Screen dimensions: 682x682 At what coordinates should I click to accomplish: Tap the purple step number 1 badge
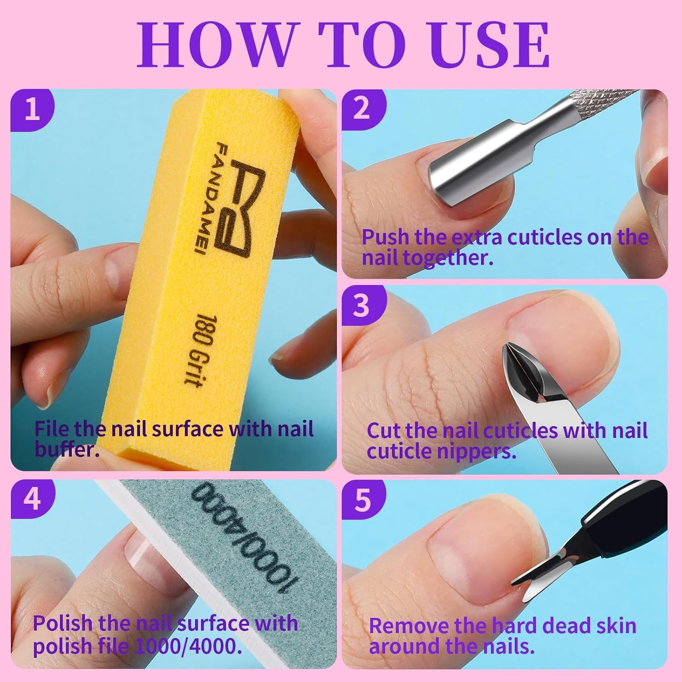[32, 109]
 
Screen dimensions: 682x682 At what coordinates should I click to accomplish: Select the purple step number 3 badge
[362, 305]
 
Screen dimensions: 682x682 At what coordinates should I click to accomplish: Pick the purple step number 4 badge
[32, 499]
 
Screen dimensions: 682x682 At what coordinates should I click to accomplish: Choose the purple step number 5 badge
[363, 500]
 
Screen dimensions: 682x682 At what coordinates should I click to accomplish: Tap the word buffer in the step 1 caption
[66, 449]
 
